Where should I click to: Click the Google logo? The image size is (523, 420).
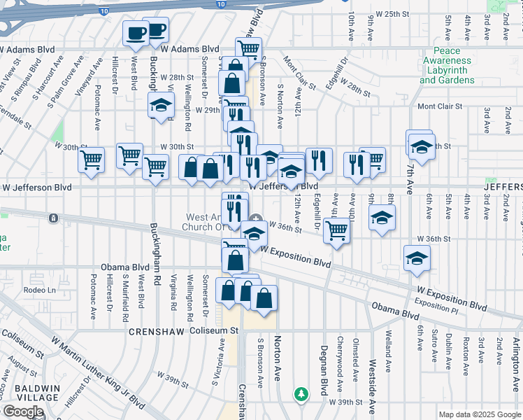[x=22, y=412]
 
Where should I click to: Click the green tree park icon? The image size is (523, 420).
[x=301, y=394]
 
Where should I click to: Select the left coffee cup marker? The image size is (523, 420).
[x=134, y=32]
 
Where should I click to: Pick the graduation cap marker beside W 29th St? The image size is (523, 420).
[x=161, y=106]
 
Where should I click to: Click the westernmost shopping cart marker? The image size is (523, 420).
[x=91, y=160]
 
